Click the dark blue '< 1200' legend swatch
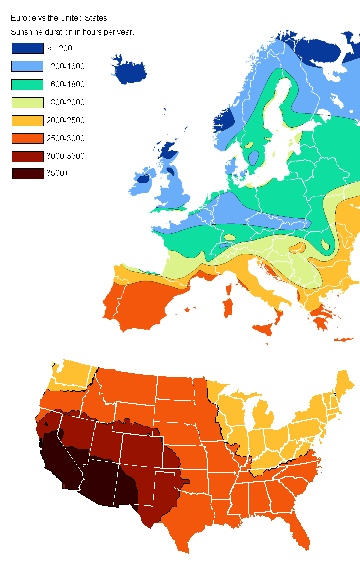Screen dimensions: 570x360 pos(28,48)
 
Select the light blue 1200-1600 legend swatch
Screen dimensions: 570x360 pos(28,66)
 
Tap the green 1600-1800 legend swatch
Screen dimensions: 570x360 pos(28,84)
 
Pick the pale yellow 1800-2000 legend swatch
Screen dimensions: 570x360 pos(28,102)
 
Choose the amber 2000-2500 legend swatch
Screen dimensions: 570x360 pos(28,120)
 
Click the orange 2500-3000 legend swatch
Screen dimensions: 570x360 pos(28,138)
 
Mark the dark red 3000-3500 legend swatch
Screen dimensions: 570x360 pos(28,156)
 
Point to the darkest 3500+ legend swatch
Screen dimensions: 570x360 pos(28,174)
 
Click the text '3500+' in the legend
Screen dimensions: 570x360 pos(58,174)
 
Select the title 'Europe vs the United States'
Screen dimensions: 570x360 pos(59,18)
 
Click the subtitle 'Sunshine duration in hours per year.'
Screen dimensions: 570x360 pos(73,32)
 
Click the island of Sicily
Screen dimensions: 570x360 pos(266,329)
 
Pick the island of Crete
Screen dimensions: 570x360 pos(343,340)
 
